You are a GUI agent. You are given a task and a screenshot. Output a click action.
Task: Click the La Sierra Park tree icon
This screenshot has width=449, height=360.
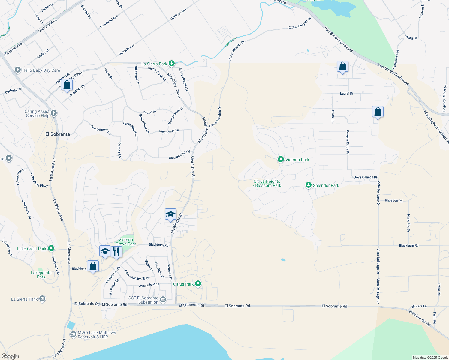[171, 64]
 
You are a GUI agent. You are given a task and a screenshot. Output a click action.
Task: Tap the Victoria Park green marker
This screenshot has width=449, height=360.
[281, 159]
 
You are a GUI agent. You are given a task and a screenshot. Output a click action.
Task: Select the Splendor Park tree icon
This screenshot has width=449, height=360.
[308, 185]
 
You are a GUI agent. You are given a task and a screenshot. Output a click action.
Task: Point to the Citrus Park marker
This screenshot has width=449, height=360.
[198, 284]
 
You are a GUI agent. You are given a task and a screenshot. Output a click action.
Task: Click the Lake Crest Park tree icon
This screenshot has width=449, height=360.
[51, 248]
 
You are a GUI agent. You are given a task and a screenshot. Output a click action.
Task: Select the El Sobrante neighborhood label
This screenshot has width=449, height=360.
[58, 134]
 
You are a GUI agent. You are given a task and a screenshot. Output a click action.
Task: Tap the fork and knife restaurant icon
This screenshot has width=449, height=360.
[116, 252]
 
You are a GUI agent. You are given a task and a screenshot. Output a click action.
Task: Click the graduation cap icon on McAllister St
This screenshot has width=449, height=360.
[170, 214]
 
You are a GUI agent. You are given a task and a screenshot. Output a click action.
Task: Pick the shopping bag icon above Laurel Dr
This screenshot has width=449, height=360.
[342, 67]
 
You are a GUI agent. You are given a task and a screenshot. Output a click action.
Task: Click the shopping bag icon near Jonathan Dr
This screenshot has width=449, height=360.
[67, 85]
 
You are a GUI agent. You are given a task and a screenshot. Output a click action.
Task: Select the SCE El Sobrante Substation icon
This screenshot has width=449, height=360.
[163, 300]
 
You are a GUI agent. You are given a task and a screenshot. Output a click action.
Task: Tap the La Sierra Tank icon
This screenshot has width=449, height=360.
[42, 299]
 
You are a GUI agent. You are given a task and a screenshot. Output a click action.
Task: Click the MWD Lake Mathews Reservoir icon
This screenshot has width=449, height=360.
[73, 334]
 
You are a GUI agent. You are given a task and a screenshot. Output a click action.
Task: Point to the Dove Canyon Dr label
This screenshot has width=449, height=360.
[365, 177]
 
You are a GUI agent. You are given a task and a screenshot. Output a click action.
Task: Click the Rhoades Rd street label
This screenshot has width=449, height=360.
[393, 201]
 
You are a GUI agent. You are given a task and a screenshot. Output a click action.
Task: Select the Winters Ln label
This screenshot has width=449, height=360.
[419, 306]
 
